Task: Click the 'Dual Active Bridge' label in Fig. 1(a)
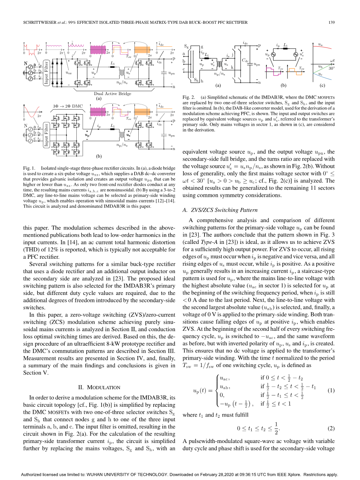[x=113, y=94]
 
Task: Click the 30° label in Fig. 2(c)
[x=332, y=68]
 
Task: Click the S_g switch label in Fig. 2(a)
[x=186, y=46]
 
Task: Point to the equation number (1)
[x=331, y=390]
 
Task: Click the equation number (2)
[x=331, y=429]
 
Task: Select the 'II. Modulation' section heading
[x=99, y=387]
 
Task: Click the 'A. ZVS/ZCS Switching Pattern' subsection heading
[x=220, y=210]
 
